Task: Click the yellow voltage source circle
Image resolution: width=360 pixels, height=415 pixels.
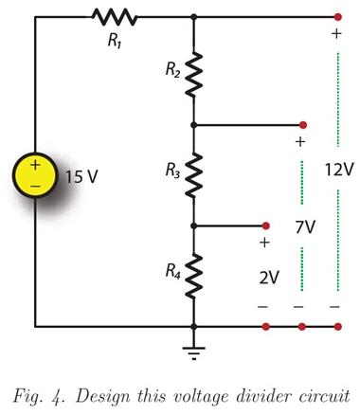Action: pos(35,175)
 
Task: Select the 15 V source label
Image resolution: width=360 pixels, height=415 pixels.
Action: pos(81,176)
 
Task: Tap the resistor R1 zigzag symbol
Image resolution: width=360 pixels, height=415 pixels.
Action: pos(115,17)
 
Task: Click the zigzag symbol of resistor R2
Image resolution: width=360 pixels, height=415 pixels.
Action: pos(193,75)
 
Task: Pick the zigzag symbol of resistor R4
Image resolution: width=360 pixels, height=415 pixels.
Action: pos(193,276)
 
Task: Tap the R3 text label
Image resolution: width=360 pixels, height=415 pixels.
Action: pos(171,171)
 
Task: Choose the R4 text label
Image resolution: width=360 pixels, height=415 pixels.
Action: pos(171,272)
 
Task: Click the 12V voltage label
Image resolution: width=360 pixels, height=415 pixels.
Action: pos(337,171)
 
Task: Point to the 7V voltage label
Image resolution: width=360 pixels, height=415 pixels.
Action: pos(304,227)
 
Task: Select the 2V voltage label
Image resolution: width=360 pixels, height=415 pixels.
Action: pos(269,278)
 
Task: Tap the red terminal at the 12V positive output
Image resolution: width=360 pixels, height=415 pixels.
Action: pos(337,17)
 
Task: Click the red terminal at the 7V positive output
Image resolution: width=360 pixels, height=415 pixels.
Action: pos(303,124)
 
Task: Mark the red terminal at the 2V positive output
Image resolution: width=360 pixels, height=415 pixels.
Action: pos(266,226)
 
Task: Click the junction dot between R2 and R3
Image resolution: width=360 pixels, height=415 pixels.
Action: pos(193,124)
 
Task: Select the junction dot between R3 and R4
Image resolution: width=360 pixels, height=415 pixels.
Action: pos(193,226)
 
